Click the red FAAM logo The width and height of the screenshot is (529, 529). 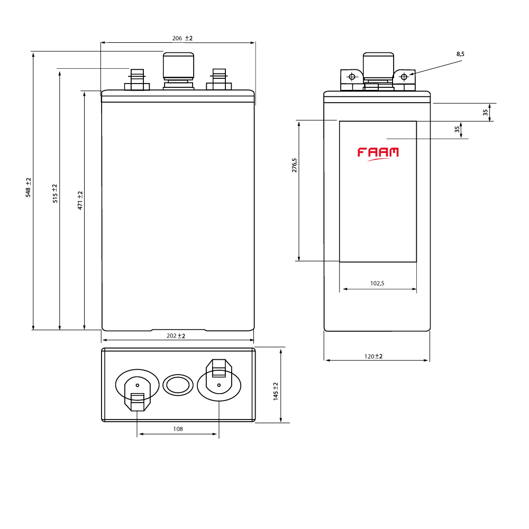(378, 153)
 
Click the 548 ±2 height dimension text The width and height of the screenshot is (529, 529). (29, 188)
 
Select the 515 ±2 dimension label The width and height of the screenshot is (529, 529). (54, 194)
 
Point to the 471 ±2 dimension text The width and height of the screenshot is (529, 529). (80, 200)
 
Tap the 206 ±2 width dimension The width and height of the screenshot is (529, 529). (183, 39)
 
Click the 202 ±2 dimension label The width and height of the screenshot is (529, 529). (176, 336)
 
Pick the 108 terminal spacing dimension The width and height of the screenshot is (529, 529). (178, 429)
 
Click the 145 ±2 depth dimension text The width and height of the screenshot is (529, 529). (276, 391)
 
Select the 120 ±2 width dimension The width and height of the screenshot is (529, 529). (373, 357)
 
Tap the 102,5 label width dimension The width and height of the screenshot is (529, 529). (377, 284)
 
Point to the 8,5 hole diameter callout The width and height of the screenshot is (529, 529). (460, 54)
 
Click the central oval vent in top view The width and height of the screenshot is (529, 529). (178, 385)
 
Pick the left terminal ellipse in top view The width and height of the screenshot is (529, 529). (137, 385)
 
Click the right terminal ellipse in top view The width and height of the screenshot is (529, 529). (219, 385)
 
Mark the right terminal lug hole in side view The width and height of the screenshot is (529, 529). (404, 77)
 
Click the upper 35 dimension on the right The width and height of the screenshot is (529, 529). (485, 112)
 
